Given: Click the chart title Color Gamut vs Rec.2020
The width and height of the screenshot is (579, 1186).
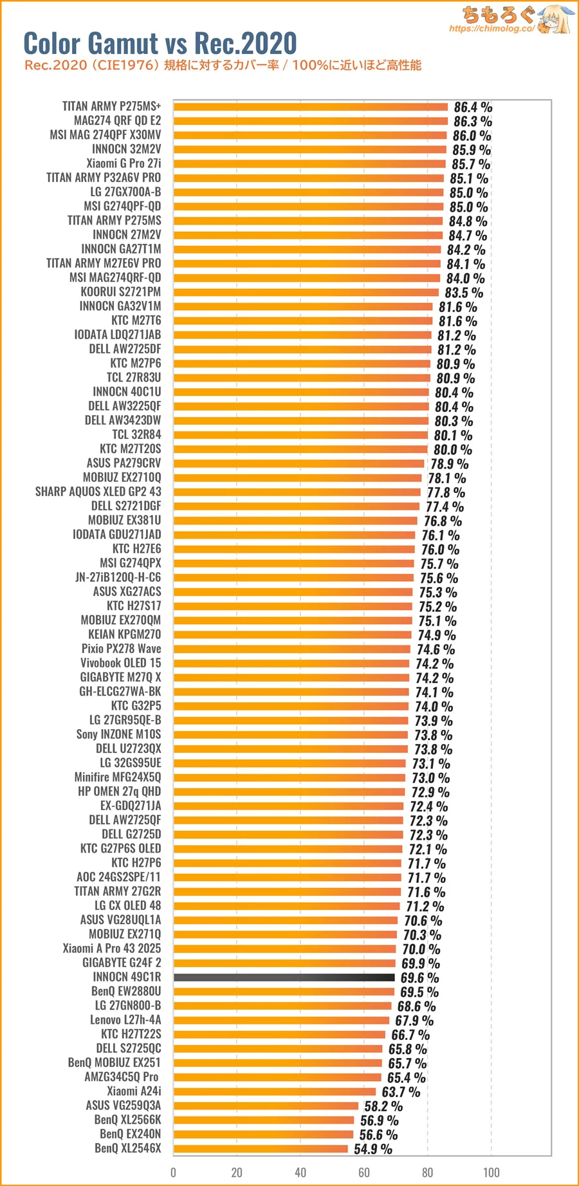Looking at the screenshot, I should [160, 44].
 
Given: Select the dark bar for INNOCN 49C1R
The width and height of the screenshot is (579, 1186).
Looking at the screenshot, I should [284, 978].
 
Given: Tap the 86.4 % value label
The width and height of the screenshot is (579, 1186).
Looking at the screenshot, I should [473, 107].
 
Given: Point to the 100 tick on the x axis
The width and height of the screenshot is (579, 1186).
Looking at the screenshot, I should [492, 1172].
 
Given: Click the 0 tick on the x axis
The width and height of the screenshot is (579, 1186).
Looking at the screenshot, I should [173, 1172].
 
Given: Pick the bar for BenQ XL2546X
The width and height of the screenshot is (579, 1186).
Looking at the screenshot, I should [261, 1149].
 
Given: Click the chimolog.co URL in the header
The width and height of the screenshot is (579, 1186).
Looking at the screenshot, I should [492, 28].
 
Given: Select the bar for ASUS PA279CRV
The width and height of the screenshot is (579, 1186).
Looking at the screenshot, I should [299, 463].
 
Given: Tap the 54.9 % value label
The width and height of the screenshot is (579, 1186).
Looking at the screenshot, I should [372, 1149].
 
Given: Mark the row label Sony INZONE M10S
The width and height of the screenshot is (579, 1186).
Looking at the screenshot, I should [118, 734].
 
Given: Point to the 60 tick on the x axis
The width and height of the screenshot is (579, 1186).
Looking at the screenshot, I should [364, 1172].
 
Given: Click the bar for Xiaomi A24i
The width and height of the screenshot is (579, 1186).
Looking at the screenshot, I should [275, 1091].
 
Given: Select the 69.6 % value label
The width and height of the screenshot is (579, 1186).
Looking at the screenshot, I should [419, 978].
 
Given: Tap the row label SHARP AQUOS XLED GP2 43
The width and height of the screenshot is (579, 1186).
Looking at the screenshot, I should [98, 492].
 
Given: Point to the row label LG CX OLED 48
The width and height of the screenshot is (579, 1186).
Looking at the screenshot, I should [127, 905].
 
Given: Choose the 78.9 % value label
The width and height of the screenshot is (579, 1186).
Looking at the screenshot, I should [449, 464].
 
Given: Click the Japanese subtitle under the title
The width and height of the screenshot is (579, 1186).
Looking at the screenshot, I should [223, 65].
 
